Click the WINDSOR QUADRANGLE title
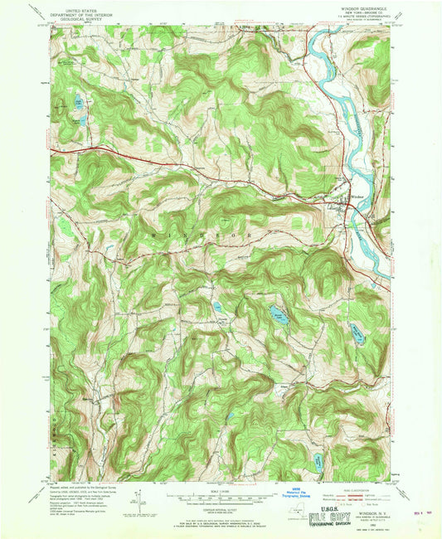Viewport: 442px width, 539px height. pyautogui.click(x=361, y=10)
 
